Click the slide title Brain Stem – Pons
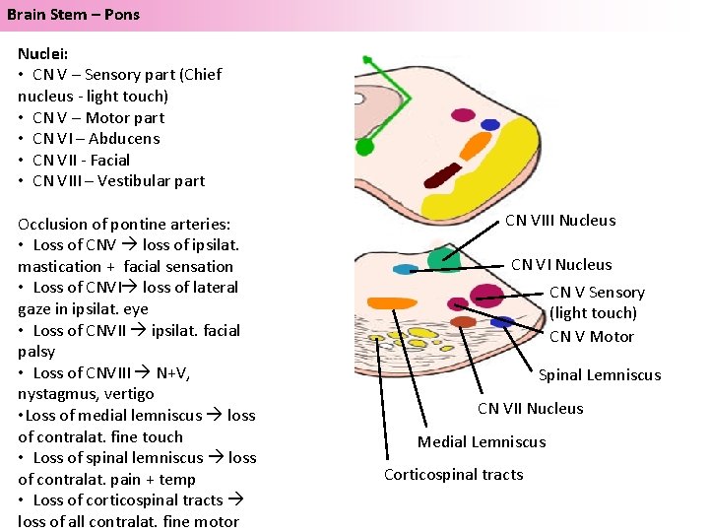74,14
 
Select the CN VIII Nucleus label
559,221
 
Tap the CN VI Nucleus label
560,264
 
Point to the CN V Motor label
591,337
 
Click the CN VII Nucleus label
530,408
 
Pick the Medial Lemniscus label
481,441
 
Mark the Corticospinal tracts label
453,474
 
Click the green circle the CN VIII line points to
443,259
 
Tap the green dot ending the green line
365,147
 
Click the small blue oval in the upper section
489,120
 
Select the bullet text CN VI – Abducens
96,138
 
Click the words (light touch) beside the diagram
593,313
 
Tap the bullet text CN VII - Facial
81,160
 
